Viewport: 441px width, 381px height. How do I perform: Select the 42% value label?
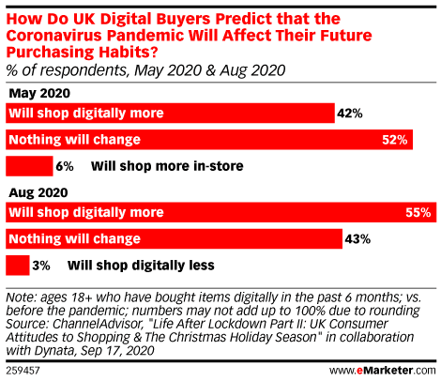point(350,114)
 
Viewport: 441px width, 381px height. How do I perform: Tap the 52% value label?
point(395,141)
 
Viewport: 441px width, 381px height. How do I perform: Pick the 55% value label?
point(418,212)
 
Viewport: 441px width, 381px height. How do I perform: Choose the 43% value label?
point(357,238)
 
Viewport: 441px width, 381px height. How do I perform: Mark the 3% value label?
point(40,266)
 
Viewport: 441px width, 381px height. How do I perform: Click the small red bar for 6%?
point(29,167)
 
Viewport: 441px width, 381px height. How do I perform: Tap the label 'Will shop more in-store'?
point(166,167)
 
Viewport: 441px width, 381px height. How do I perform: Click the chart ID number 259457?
point(24,371)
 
